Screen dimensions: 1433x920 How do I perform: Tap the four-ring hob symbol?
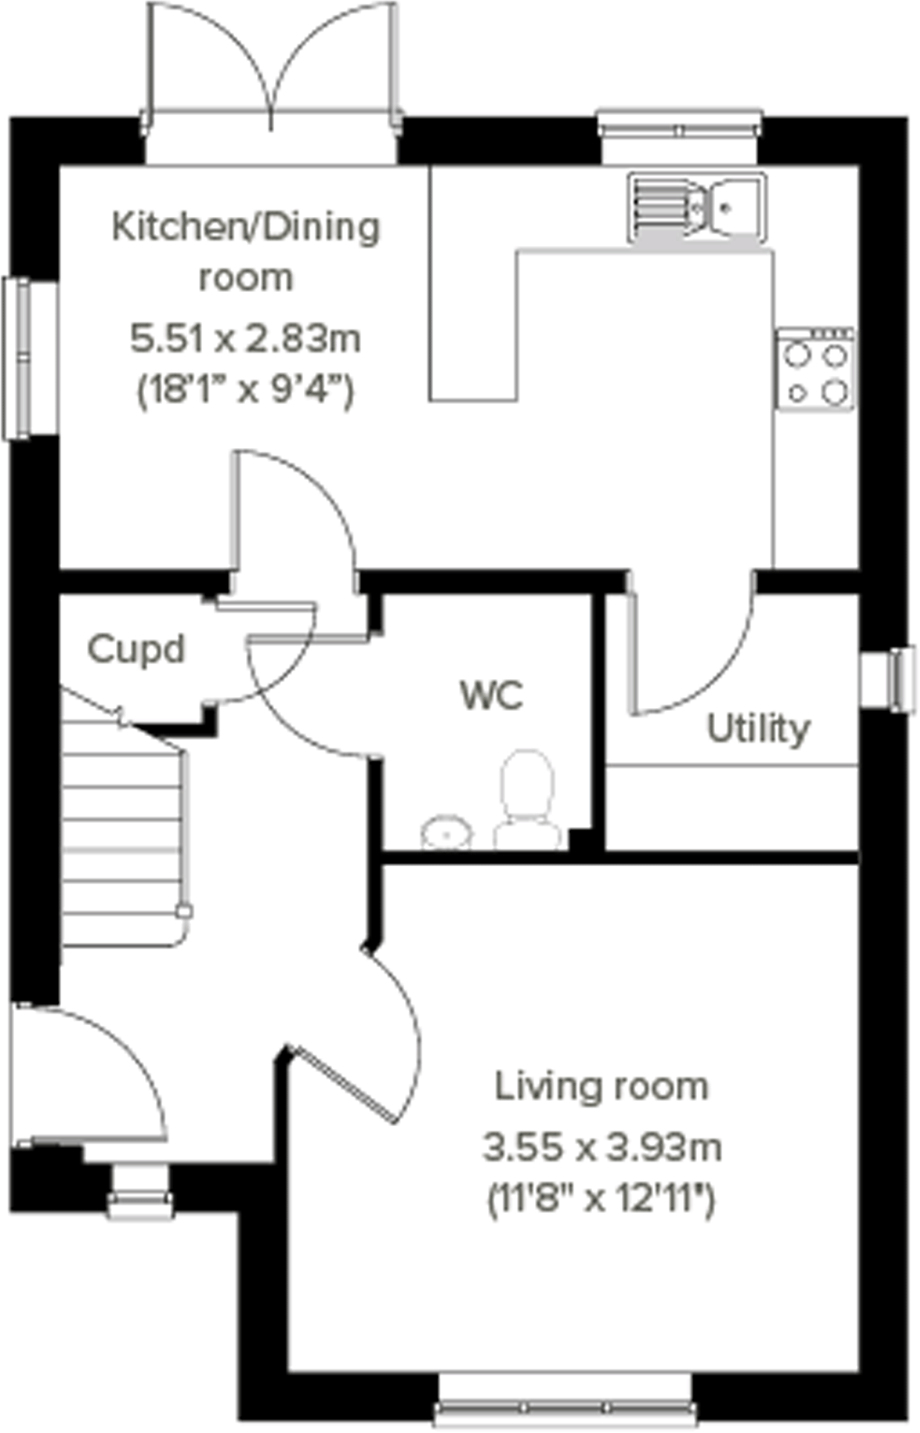[x=814, y=368]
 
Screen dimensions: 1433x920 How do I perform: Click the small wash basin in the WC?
[x=447, y=834]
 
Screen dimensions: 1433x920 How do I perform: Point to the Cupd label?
[x=135, y=650]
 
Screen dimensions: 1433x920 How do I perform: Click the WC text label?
[x=491, y=696]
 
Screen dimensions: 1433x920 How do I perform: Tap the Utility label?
[x=757, y=730]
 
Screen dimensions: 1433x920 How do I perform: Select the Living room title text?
[x=601, y=1088]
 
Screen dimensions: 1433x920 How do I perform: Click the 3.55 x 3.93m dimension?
[x=601, y=1148]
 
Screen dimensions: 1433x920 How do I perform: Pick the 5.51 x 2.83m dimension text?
[x=245, y=339]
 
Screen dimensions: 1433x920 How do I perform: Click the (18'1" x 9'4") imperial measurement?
[x=245, y=389]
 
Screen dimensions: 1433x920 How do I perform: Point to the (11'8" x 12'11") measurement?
[x=601, y=1198]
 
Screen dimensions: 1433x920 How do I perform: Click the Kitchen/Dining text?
[x=245, y=227]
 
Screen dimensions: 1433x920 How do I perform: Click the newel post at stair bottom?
[x=184, y=912]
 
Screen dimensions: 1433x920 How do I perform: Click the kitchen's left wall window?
[x=16, y=358]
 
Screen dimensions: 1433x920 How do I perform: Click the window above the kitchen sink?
[x=679, y=131]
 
